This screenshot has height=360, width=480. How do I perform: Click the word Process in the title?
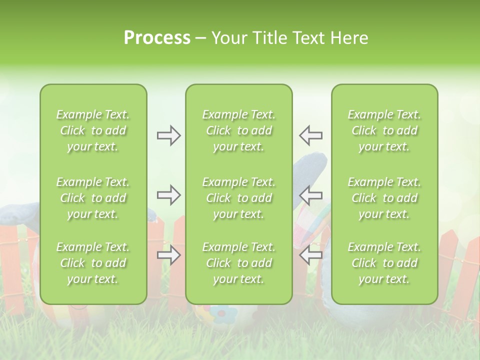pyautogui.click(x=157, y=38)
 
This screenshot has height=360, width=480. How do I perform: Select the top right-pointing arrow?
pyautogui.click(x=168, y=135)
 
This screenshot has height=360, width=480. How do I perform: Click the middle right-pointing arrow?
pyautogui.click(x=168, y=195)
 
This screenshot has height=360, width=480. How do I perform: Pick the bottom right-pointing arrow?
pyautogui.click(x=168, y=255)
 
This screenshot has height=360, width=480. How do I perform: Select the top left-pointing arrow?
pyautogui.click(x=310, y=135)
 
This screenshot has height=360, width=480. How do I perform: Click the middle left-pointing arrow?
pyautogui.click(x=310, y=195)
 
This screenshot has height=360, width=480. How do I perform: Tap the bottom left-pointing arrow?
pyautogui.click(x=310, y=255)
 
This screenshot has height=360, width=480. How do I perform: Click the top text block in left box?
pyautogui.click(x=93, y=130)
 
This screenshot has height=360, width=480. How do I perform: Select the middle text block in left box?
pyautogui.click(x=93, y=198)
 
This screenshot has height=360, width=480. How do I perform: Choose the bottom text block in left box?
pyautogui.click(x=93, y=263)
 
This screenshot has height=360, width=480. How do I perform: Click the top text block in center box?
pyautogui.click(x=238, y=130)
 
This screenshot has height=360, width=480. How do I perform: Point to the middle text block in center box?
pyautogui.click(x=238, y=198)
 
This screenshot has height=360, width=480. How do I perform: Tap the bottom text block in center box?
pyautogui.click(x=238, y=263)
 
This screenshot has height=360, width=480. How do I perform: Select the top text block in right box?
pyautogui.click(x=384, y=130)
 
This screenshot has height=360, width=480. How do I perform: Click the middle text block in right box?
pyautogui.click(x=384, y=198)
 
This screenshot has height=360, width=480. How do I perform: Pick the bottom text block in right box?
pyautogui.click(x=384, y=263)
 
